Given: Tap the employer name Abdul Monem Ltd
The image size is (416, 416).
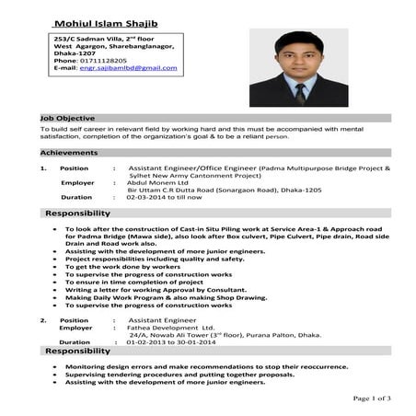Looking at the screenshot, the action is (x=159, y=182).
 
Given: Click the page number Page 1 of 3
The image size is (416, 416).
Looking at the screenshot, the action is (x=372, y=398).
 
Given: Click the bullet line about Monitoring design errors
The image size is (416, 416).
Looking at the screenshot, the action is (x=207, y=365).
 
